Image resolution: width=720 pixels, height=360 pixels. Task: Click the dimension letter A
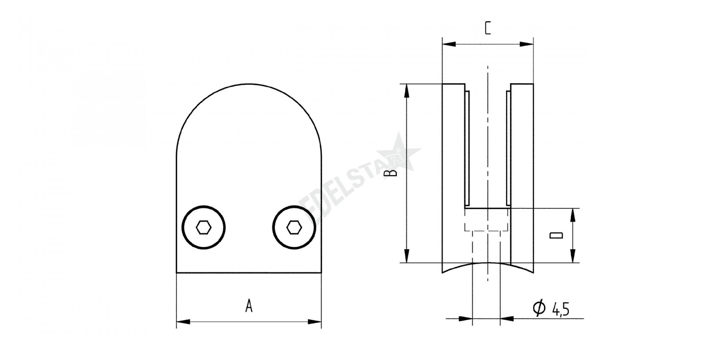tap(249, 306)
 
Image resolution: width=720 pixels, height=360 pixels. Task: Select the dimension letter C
tap(488, 28)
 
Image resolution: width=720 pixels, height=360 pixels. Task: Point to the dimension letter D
tap(556, 235)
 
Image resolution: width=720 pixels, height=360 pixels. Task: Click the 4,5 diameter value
tap(560, 309)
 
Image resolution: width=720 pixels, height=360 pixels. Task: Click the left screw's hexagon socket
tap(204, 228)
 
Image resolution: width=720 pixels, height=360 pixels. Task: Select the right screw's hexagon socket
tap(294, 228)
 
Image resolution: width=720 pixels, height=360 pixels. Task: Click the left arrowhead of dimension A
tap(183, 322)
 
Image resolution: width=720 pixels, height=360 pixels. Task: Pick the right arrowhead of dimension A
tap(315, 322)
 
